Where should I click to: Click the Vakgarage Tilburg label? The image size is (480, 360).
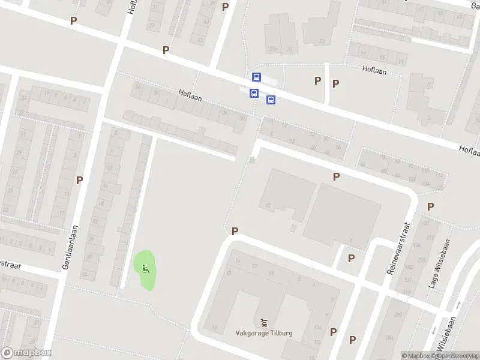(263, 333)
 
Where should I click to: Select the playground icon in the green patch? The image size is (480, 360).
(145, 268)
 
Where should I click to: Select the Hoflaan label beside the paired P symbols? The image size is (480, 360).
(375, 69)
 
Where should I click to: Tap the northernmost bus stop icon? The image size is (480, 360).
(257, 77)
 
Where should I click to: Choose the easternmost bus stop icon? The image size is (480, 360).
(271, 100)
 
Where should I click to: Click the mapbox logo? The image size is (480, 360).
(26, 353)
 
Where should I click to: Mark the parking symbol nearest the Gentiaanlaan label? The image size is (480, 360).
(79, 180)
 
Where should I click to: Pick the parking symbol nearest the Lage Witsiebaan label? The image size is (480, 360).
(431, 206)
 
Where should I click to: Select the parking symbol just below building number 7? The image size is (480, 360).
(351, 258)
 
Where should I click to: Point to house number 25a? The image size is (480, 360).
(273, 49)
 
